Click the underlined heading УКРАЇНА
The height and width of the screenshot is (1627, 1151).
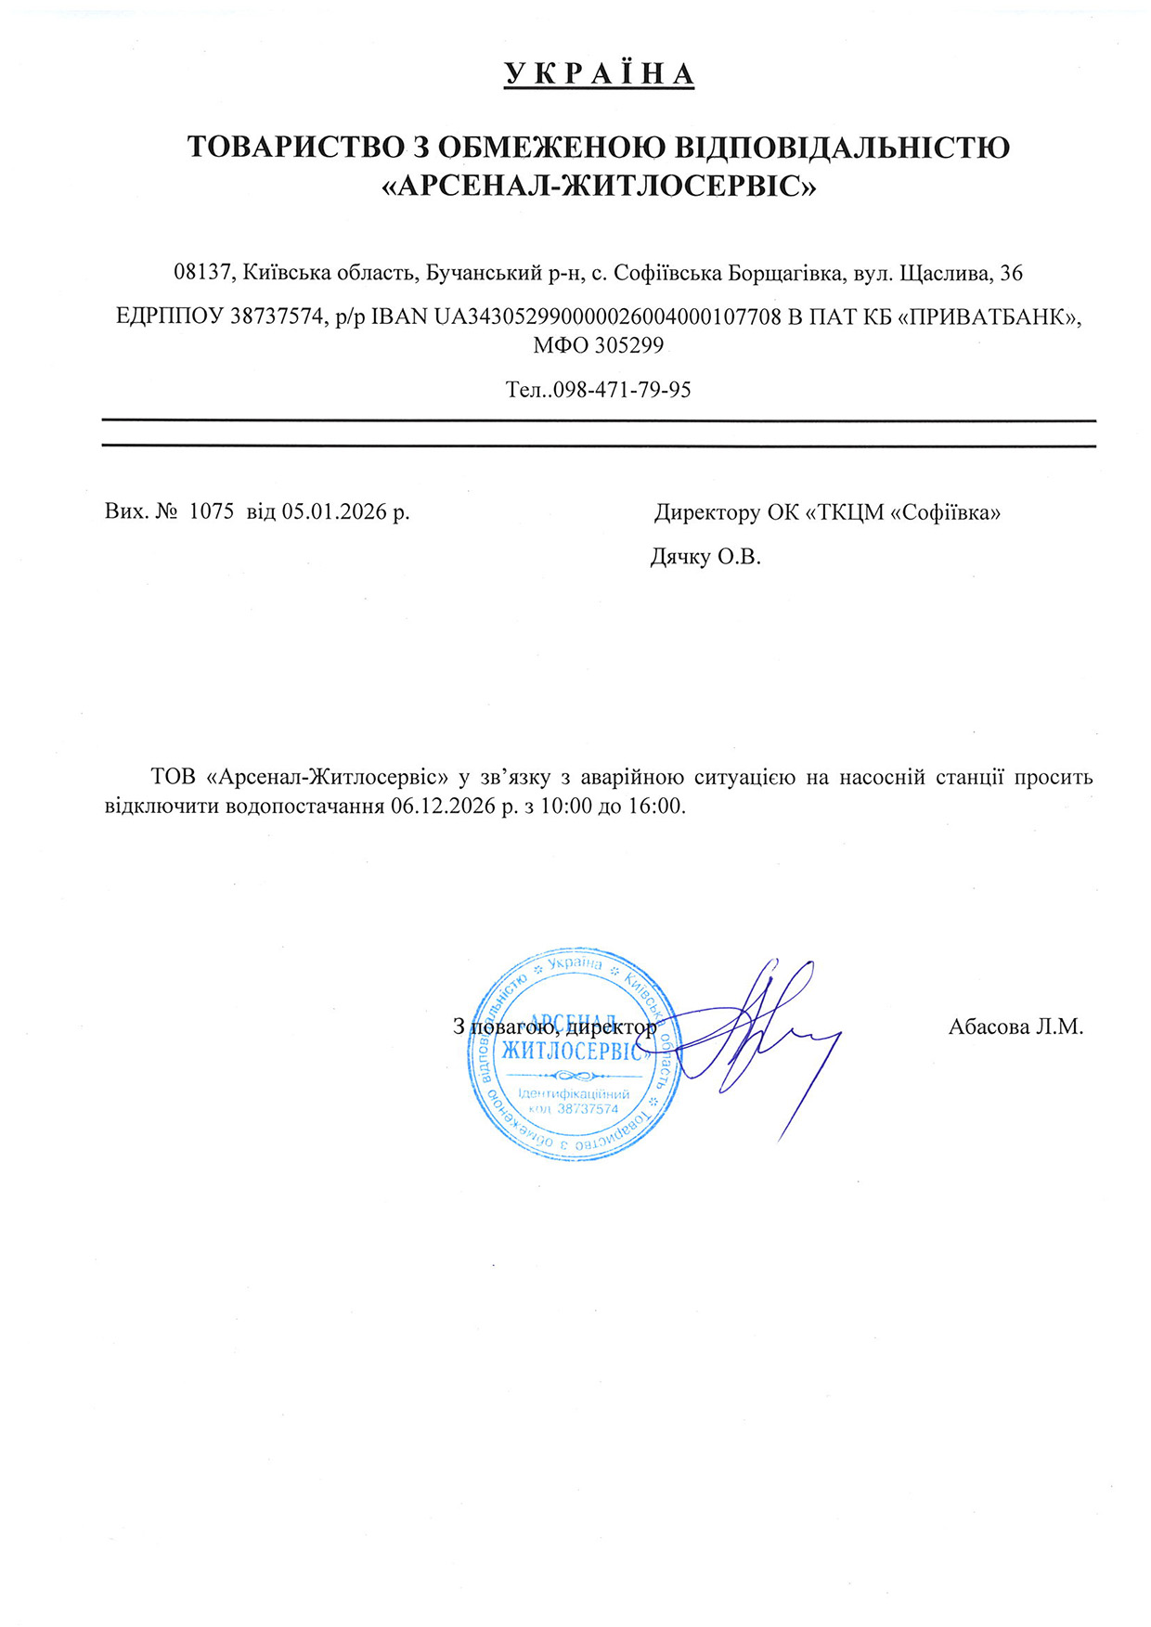[599, 74]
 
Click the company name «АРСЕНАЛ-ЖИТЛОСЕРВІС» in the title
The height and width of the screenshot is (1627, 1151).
[599, 187]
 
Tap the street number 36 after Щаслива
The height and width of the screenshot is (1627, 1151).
[1012, 273]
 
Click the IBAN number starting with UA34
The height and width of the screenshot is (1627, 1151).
[607, 316]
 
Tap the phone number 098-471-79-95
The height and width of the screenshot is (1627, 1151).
[622, 390]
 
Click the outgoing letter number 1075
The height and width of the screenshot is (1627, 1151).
[211, 511]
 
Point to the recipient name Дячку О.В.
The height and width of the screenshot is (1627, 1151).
[705, 557]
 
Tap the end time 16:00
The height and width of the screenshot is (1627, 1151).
[655, 806]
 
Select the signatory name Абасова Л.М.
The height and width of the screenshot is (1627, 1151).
[1015, 1027]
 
